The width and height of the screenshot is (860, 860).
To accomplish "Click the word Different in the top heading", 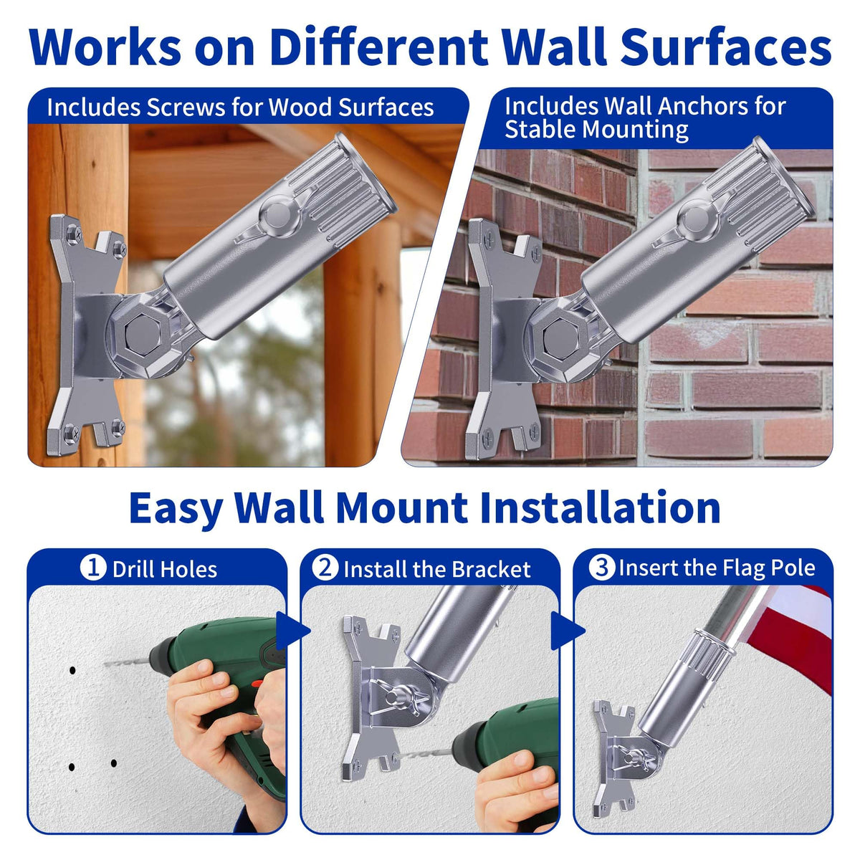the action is click(378, 47).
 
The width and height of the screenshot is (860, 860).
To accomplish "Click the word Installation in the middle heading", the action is click(601, 507).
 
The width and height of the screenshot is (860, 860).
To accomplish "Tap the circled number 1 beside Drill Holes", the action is click(93, 568).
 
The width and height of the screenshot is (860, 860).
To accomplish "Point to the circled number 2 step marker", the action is click(325, 568).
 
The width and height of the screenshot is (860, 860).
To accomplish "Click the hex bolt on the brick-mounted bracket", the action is click(561, 334).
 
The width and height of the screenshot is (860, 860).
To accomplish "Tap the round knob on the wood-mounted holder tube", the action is click(276, 216).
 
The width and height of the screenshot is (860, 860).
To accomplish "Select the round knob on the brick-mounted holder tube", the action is click(694, 219).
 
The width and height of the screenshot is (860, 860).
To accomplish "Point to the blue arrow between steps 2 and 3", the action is click(568, 630).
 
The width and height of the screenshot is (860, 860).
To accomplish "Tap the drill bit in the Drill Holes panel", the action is click(127, 661).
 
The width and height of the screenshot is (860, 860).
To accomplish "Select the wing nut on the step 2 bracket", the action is click(397, 697).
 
